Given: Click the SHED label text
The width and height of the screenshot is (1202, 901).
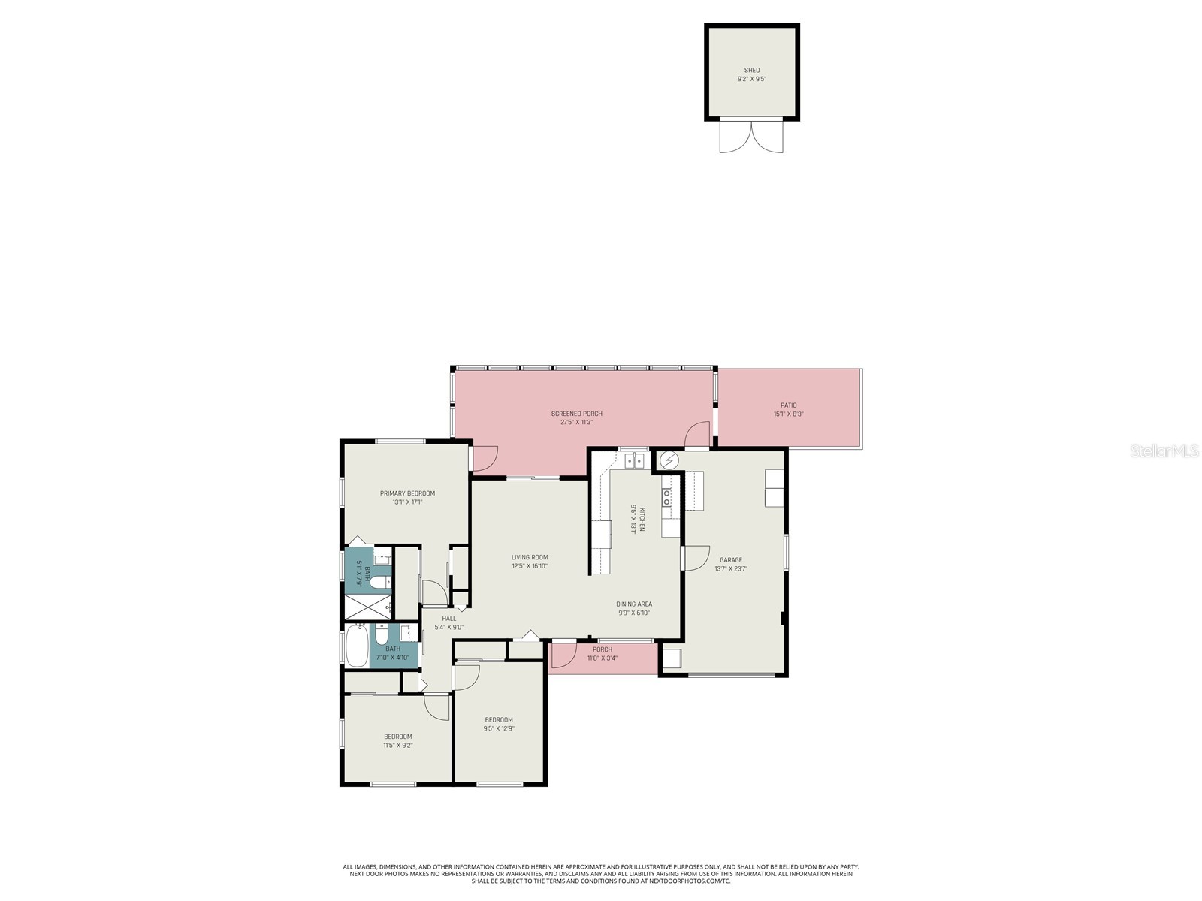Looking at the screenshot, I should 751,70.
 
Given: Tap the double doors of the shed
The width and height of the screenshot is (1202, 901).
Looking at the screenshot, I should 751,137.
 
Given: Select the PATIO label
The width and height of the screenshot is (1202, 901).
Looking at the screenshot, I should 788,405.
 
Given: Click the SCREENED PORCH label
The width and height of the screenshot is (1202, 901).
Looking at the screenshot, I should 576,414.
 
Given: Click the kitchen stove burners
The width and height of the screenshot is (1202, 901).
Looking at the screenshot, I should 666,496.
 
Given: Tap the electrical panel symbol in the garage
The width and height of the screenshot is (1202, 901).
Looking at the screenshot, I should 669,459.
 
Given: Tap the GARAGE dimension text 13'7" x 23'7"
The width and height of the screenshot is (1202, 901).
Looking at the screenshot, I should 730,569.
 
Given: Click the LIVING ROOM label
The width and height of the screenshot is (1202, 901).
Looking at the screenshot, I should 530,557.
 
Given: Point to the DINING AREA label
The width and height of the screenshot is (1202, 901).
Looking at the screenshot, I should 633,604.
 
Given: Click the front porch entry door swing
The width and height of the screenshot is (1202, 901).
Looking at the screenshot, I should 563,654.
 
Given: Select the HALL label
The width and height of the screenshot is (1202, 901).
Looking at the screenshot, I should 448,619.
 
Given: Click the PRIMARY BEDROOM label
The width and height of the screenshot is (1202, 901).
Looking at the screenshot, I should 407,493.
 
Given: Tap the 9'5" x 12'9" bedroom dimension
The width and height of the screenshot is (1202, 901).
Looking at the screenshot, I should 498,728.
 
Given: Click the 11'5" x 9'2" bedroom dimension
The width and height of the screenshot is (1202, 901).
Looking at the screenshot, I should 397,746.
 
